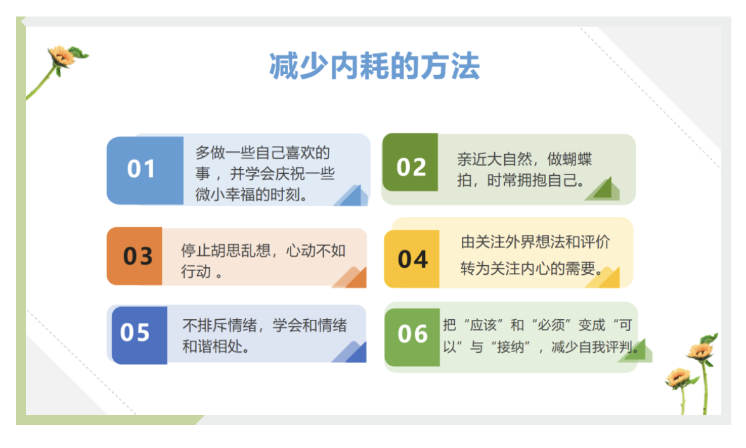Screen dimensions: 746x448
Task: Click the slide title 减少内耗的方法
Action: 374,66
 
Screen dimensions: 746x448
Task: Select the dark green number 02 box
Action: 410,162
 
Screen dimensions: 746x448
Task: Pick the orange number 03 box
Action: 134,256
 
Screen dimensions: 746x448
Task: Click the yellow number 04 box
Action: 412,259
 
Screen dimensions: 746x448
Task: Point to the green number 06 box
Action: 412,337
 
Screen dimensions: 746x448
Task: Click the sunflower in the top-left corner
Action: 62,57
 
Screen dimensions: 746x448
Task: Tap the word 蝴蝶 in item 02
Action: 577,159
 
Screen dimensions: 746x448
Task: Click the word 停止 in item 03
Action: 195,251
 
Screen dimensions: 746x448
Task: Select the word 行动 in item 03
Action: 195,272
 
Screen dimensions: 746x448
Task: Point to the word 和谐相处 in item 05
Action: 213,346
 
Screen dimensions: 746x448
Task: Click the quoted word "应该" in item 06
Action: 483,325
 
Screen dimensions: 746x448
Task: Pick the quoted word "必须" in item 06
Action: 551,325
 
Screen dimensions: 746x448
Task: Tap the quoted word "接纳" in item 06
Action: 511,347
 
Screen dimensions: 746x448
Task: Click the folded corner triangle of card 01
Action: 353,196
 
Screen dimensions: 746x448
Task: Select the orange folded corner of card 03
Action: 351,278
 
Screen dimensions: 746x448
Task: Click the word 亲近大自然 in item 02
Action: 495,159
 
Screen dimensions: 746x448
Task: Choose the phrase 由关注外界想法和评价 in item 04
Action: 535,242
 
